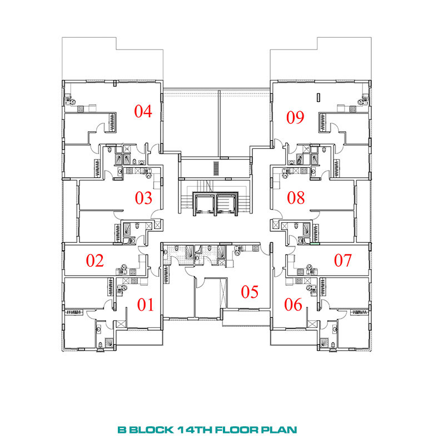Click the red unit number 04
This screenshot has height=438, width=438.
click(143, 111)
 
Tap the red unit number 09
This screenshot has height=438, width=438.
click(295, 117)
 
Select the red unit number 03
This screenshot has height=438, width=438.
click(143, 198)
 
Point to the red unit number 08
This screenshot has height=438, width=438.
click(296, 198)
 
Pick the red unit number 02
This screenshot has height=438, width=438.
click(94, 261)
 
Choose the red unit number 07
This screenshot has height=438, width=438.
click(343, 260)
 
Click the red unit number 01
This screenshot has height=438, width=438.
click(145, 305)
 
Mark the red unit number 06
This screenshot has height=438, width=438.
click(293, 305)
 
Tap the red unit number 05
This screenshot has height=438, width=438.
click(250, 292)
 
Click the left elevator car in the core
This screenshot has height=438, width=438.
click(205, 204)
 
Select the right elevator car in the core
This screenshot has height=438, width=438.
click(226, 204)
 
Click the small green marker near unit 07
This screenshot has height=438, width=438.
click(315, 243)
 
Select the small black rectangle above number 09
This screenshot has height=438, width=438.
click(318, 97)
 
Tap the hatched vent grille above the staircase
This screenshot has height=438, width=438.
click(216, 168)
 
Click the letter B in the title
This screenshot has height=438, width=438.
click(122, 429)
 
